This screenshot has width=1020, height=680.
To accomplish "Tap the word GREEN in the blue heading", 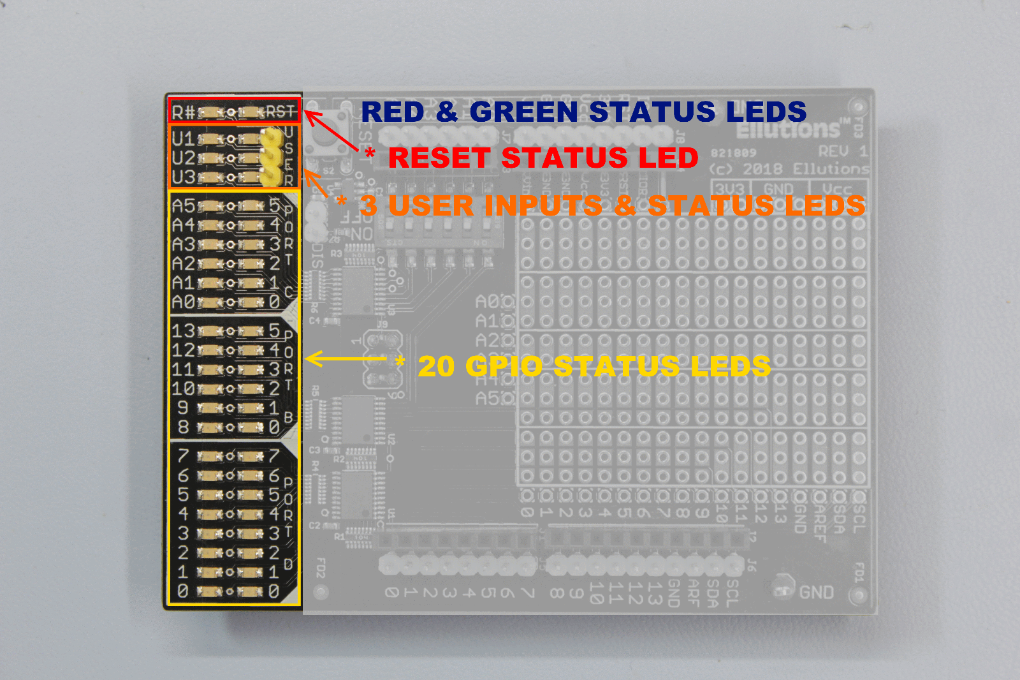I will point(523,112).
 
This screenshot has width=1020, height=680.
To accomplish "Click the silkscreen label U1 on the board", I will point(183,138).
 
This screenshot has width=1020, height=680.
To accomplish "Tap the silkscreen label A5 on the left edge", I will point(184,206).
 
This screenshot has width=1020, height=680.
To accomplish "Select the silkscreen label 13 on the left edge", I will point(184,331).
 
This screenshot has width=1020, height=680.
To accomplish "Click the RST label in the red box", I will point(280,112).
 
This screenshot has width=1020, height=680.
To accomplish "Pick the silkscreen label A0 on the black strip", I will point(184,302).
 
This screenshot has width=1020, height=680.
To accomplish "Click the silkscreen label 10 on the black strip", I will point(184,388).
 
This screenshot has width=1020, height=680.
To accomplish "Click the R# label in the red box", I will point(184,113).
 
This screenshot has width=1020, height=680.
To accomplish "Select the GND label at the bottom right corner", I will point(817,593).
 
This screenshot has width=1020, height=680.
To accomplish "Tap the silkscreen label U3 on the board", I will point(183,177).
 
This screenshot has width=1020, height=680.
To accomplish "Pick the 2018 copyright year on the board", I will point(763,169).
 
